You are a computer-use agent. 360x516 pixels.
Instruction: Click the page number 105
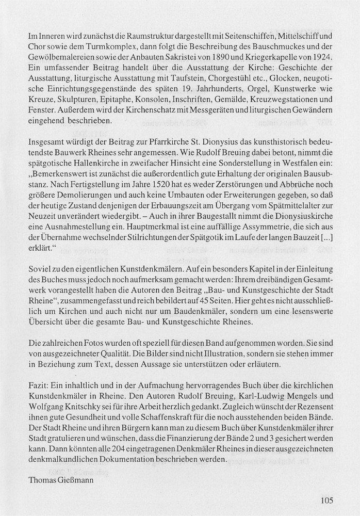click(327, 499)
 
